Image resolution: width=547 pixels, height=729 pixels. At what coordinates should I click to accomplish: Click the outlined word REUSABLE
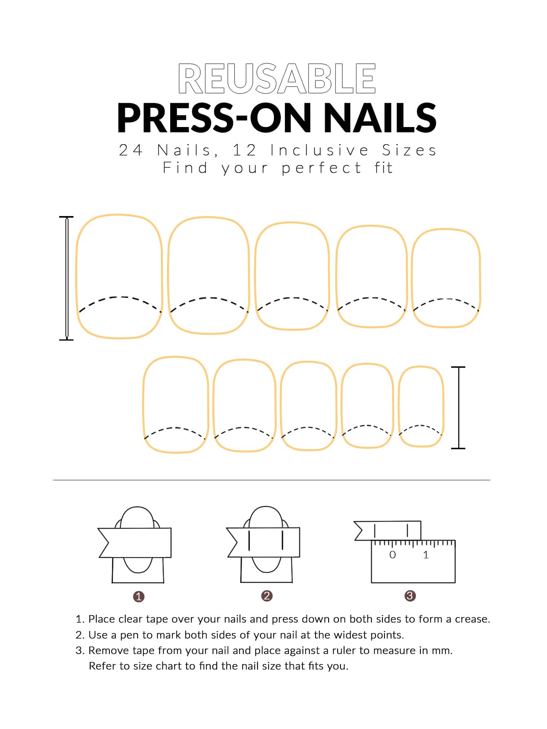[x=277, y=78]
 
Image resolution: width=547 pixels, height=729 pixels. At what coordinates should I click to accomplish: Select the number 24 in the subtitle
[x=131, y=150]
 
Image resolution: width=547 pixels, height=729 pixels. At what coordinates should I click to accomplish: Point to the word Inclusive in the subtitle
[x=320, y=150]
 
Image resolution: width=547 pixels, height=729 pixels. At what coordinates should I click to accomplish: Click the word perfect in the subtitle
[x=321, y=168]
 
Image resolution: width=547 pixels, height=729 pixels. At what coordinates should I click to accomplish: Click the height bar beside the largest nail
[x=67, y=278]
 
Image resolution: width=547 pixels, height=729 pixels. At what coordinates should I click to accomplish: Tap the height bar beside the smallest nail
[x=458, y=408]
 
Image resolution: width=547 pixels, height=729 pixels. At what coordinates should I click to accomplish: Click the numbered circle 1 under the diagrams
[x=139, y=596]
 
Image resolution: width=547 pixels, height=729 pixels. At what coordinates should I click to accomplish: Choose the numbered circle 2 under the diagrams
[x=267, y=596]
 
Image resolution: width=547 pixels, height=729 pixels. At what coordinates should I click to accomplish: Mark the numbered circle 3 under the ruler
[x=410, y=596]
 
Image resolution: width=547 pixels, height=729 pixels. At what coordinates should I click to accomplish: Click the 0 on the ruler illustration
[x=393, y=555]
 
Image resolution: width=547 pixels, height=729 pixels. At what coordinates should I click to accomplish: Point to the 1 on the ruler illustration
[x=426, y=555]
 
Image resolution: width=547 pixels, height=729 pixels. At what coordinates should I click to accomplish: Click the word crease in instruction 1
[x=471, y=619]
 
